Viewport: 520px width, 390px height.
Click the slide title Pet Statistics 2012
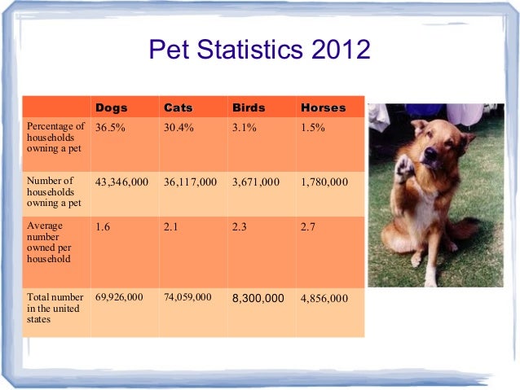click(x=259, y=51)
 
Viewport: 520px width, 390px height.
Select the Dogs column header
click(x=111, y=107)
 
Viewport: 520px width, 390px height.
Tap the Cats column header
click(x=178, y=107)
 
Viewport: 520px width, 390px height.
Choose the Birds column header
click(x=249, y=107)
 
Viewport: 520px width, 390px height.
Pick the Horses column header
click(x=323, y=107)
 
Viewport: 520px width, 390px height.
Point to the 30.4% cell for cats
click(x=177, y=127)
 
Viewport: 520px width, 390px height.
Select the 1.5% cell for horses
click(x=313, y=127)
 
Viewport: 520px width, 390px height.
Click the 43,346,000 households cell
click(x=121, y=182)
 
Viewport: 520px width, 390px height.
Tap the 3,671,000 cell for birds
click(x=256, y=182)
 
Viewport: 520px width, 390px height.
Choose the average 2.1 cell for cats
click(x=170, y=227)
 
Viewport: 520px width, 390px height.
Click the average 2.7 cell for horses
click(x=307, y=227)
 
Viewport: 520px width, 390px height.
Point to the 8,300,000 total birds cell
click(x=258, y=298)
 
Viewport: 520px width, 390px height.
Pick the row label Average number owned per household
click(x=49, y=242)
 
